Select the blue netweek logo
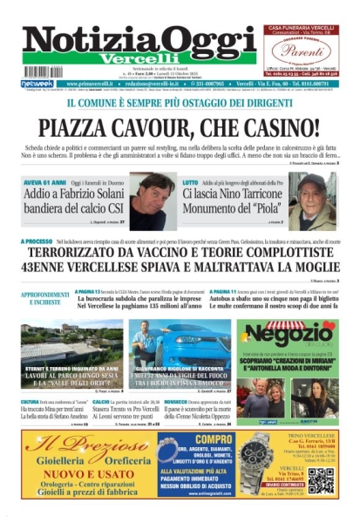[x=37, y=84]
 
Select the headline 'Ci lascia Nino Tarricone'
[x=234, y=197]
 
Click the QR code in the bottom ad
[x=320, y=478]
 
